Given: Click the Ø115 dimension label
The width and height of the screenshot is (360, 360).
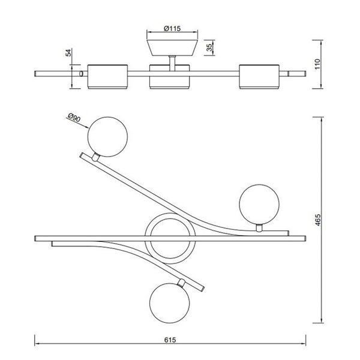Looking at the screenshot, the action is tap(172, 29).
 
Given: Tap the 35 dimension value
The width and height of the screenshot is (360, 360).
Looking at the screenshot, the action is tap(209, 47).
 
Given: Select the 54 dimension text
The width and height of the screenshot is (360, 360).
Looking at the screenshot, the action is tap(68, 53).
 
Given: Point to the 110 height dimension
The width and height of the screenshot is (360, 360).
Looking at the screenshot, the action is tap(317, 64).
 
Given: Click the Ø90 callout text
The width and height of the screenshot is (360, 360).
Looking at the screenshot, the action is tap(74, 118).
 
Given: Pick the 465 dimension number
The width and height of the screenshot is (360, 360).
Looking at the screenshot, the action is tap(318, 220).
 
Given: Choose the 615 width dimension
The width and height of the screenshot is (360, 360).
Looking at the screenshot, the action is tap(170, 340).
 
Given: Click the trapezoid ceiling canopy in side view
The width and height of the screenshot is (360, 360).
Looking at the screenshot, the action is tap(172, 47).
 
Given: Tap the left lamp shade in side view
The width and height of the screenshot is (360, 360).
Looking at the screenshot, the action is tap(107, 77).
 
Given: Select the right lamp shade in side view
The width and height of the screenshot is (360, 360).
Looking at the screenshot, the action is tap(259, 77).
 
